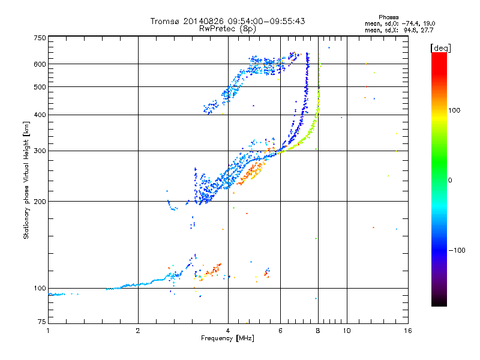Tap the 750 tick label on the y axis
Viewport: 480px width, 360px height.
pyautogui.click(x=40, y=38)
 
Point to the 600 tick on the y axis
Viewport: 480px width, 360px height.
pyautogui.click(x=40, y=64)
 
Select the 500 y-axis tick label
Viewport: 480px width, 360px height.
pyautogui.click(x=40, y=87)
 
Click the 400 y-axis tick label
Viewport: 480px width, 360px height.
pyautogui.click(x=40, y=115)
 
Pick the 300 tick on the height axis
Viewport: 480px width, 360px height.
pyautogui.click(x=40, y=151)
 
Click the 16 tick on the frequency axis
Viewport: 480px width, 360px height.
pyautogui.click(x=407, y=331)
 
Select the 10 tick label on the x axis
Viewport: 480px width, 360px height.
pyautogui.click(x=346, y=331)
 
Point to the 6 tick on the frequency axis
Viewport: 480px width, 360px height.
pyautogui.click(x=280, y=331)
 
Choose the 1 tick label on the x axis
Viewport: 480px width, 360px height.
pyautogui.click(x=49, y=331)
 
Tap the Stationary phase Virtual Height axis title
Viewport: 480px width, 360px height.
pyautogui.click(x=26, y=180)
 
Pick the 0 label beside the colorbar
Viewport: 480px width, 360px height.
pyautogui.click(x=451, y=180)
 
